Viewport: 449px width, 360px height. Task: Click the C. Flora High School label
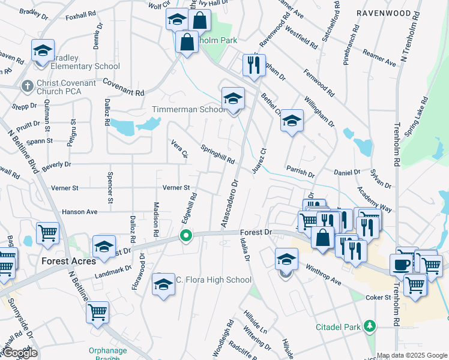pos(213,280)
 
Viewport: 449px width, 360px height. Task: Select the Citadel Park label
pos(338,328)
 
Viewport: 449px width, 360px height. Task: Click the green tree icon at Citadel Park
pos(370,327)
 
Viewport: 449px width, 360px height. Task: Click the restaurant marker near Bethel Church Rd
pos(254,65)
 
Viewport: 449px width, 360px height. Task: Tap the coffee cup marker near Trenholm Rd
pos(401,264)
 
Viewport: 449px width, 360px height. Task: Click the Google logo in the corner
pos(20,352)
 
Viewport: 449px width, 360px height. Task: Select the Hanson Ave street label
pos(79,212)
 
